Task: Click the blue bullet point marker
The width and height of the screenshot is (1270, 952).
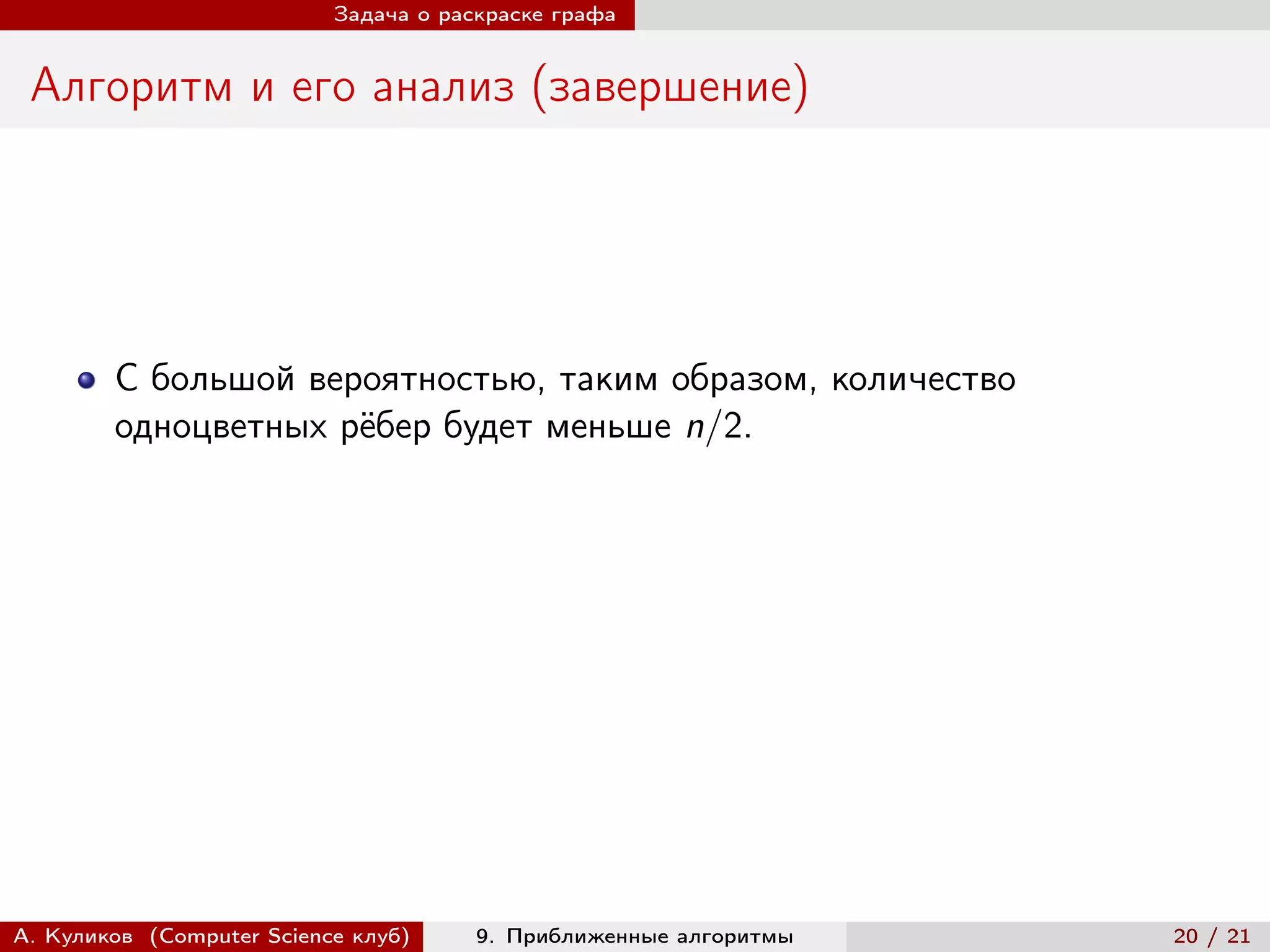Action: click(87, 380)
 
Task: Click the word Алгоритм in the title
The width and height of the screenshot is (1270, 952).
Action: click(131, 86)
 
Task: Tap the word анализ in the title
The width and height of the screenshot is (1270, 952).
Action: click(443, 86)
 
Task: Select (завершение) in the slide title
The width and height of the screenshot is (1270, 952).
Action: click(670, 87)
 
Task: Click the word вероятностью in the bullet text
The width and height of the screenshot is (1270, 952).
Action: click(427, 379)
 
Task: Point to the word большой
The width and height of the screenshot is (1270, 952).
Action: click(223, 379)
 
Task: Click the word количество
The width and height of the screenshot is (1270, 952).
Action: click(923, 379)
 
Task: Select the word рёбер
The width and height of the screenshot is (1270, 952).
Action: click(386, 426)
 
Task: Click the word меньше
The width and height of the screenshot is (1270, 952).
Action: click(608, 426)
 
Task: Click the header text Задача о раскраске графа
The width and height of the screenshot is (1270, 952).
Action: click(474, 15)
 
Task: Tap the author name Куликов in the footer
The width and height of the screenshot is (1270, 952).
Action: click(89, 936)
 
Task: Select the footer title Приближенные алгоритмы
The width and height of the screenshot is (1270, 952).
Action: click(649, 936)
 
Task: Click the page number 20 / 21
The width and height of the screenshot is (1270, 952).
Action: click(1212, 936)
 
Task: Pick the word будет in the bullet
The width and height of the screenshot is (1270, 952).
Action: click(487, 426)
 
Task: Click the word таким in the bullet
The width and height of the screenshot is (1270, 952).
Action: click(608, 379)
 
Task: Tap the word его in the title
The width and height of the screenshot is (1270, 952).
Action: click(323, 87)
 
